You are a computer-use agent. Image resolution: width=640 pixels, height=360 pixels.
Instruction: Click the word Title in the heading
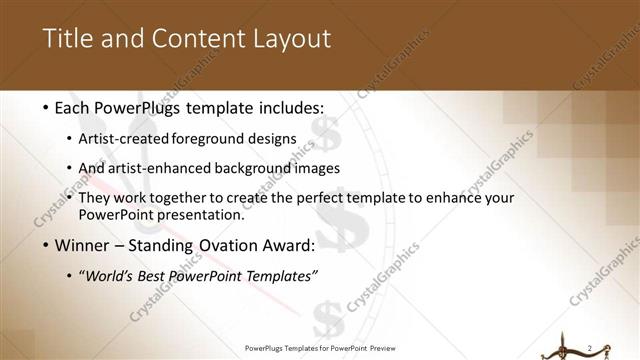click(x=69, y=39)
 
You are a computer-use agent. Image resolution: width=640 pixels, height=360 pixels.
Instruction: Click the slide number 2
click(x=591, y=347)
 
